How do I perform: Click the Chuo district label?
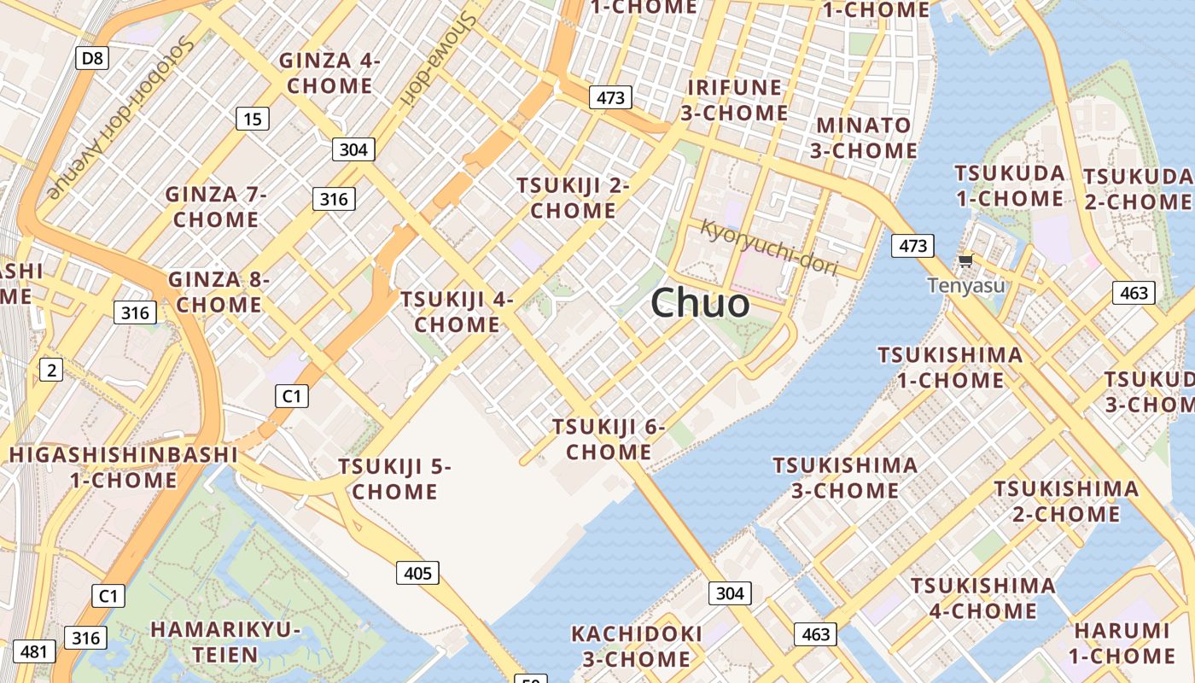pos(701,303)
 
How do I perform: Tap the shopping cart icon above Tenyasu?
pos(965,261)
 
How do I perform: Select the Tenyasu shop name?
pos(966,285)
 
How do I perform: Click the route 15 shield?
pos(253,119)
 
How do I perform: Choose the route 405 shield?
pos(417,573)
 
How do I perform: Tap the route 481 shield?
pos(34,651)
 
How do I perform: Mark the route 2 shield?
pos(51,370)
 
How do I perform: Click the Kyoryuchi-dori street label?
pos(768,248)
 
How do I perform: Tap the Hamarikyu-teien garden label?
pos(226,642)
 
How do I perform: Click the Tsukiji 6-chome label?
pos(608,438)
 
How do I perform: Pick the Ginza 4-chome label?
pos(329,73)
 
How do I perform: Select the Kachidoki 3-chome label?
pos(637,646)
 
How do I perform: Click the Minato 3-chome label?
pos(863,137)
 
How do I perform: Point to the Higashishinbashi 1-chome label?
pos(123,467)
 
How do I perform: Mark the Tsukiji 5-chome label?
pos(394,479)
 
